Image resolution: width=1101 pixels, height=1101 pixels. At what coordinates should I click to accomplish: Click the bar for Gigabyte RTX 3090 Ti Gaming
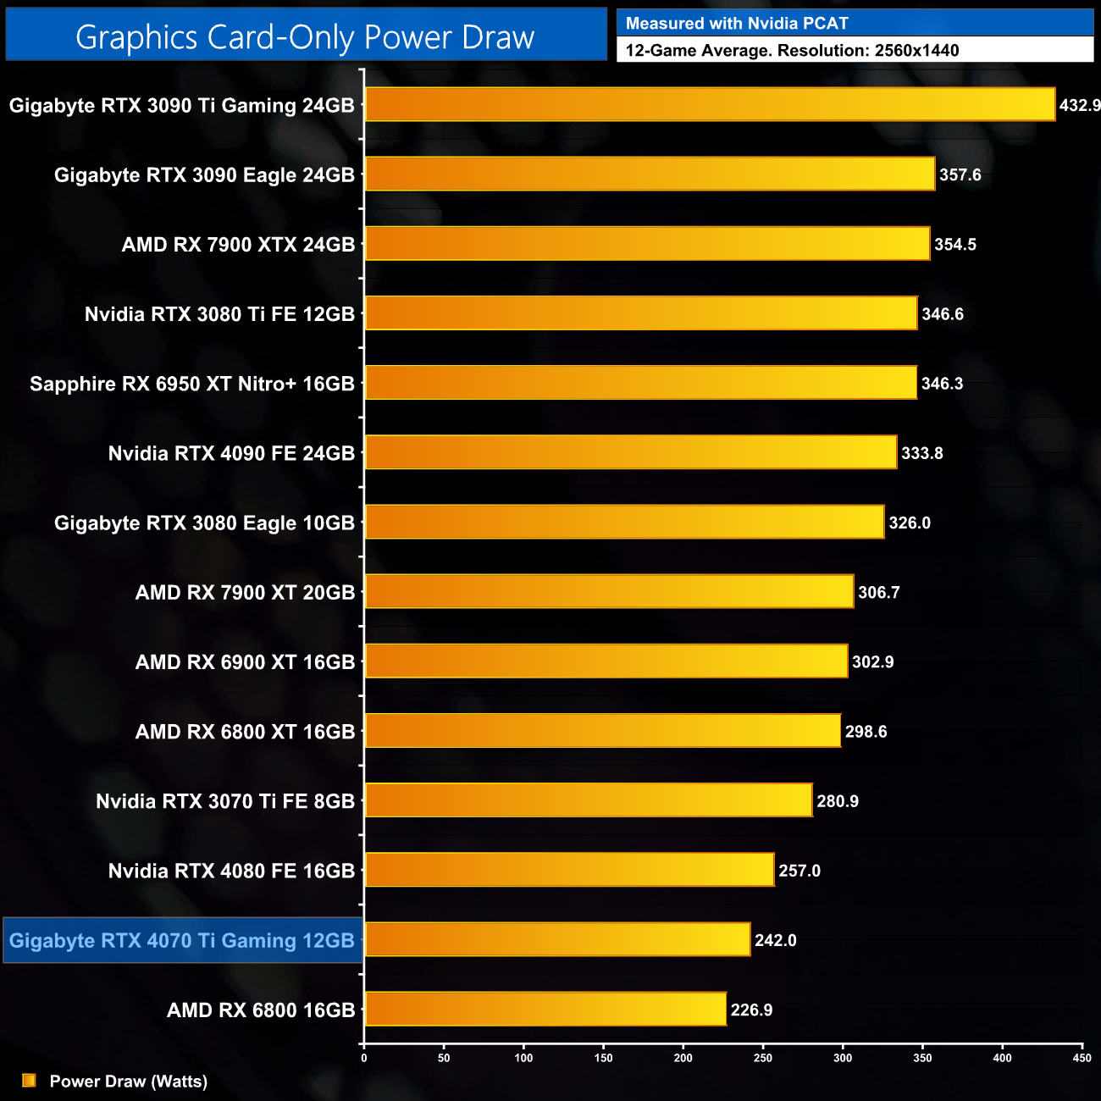710,104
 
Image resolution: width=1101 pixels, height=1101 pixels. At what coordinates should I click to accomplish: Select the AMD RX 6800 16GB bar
545,1009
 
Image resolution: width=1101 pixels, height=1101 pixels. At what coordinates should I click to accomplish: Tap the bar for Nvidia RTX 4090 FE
630,452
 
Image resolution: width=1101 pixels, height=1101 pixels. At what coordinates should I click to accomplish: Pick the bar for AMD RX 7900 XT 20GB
609,591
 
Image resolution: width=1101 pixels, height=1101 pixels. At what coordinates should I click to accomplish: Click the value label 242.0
776,940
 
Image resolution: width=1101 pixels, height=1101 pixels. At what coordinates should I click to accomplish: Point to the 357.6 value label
960,174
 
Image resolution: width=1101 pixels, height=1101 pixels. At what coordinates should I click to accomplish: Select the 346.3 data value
943,384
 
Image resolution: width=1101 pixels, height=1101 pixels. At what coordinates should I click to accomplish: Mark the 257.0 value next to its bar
799,871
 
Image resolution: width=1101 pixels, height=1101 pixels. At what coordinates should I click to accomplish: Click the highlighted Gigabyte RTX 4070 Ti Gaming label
182,940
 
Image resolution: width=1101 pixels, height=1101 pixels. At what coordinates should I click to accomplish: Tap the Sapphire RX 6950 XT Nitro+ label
192,384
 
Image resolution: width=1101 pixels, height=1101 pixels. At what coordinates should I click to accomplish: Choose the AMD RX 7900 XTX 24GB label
238,245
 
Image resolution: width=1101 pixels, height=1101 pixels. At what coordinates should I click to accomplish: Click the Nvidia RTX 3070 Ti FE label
225,801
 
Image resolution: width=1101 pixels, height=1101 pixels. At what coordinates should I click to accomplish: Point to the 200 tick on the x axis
683,1058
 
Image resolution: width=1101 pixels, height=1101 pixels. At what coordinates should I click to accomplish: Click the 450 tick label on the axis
1082,1058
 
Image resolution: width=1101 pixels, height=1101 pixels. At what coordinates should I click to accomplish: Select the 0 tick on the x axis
364,1058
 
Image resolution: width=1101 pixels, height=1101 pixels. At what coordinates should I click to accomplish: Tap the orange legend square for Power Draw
29,1080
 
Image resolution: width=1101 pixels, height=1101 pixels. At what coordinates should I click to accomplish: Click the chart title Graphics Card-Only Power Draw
305,36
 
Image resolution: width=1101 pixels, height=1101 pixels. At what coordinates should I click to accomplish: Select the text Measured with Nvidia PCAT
737,24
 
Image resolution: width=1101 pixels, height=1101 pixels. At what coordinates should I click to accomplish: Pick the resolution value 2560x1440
916,50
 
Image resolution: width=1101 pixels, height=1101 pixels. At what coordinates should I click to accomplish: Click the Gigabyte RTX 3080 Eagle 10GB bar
624,522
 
